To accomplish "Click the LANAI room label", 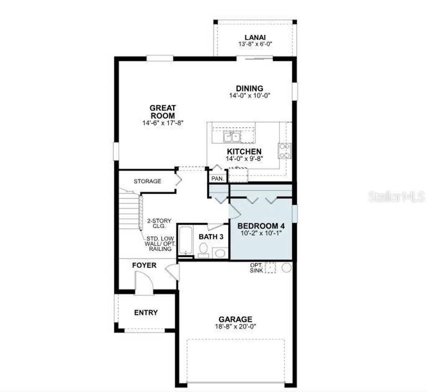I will point(255,37).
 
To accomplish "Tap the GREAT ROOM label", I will point(163,111).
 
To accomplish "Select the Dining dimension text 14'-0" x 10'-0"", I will point(250,95).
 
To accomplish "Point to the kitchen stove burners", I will point(285,151).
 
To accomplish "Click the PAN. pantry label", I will point(217,178).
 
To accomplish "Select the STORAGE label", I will point(147,181).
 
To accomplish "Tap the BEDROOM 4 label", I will point(261,226).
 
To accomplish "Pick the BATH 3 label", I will point(211,236).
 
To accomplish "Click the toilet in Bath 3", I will point(203,250).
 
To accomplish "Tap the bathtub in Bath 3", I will point(185,240).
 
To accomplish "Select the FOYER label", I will point(144,265).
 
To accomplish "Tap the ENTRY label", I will point(146,312).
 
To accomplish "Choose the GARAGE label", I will point(235,319).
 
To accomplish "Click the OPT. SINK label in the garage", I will point(256,268).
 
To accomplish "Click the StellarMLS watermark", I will point(396,197).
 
